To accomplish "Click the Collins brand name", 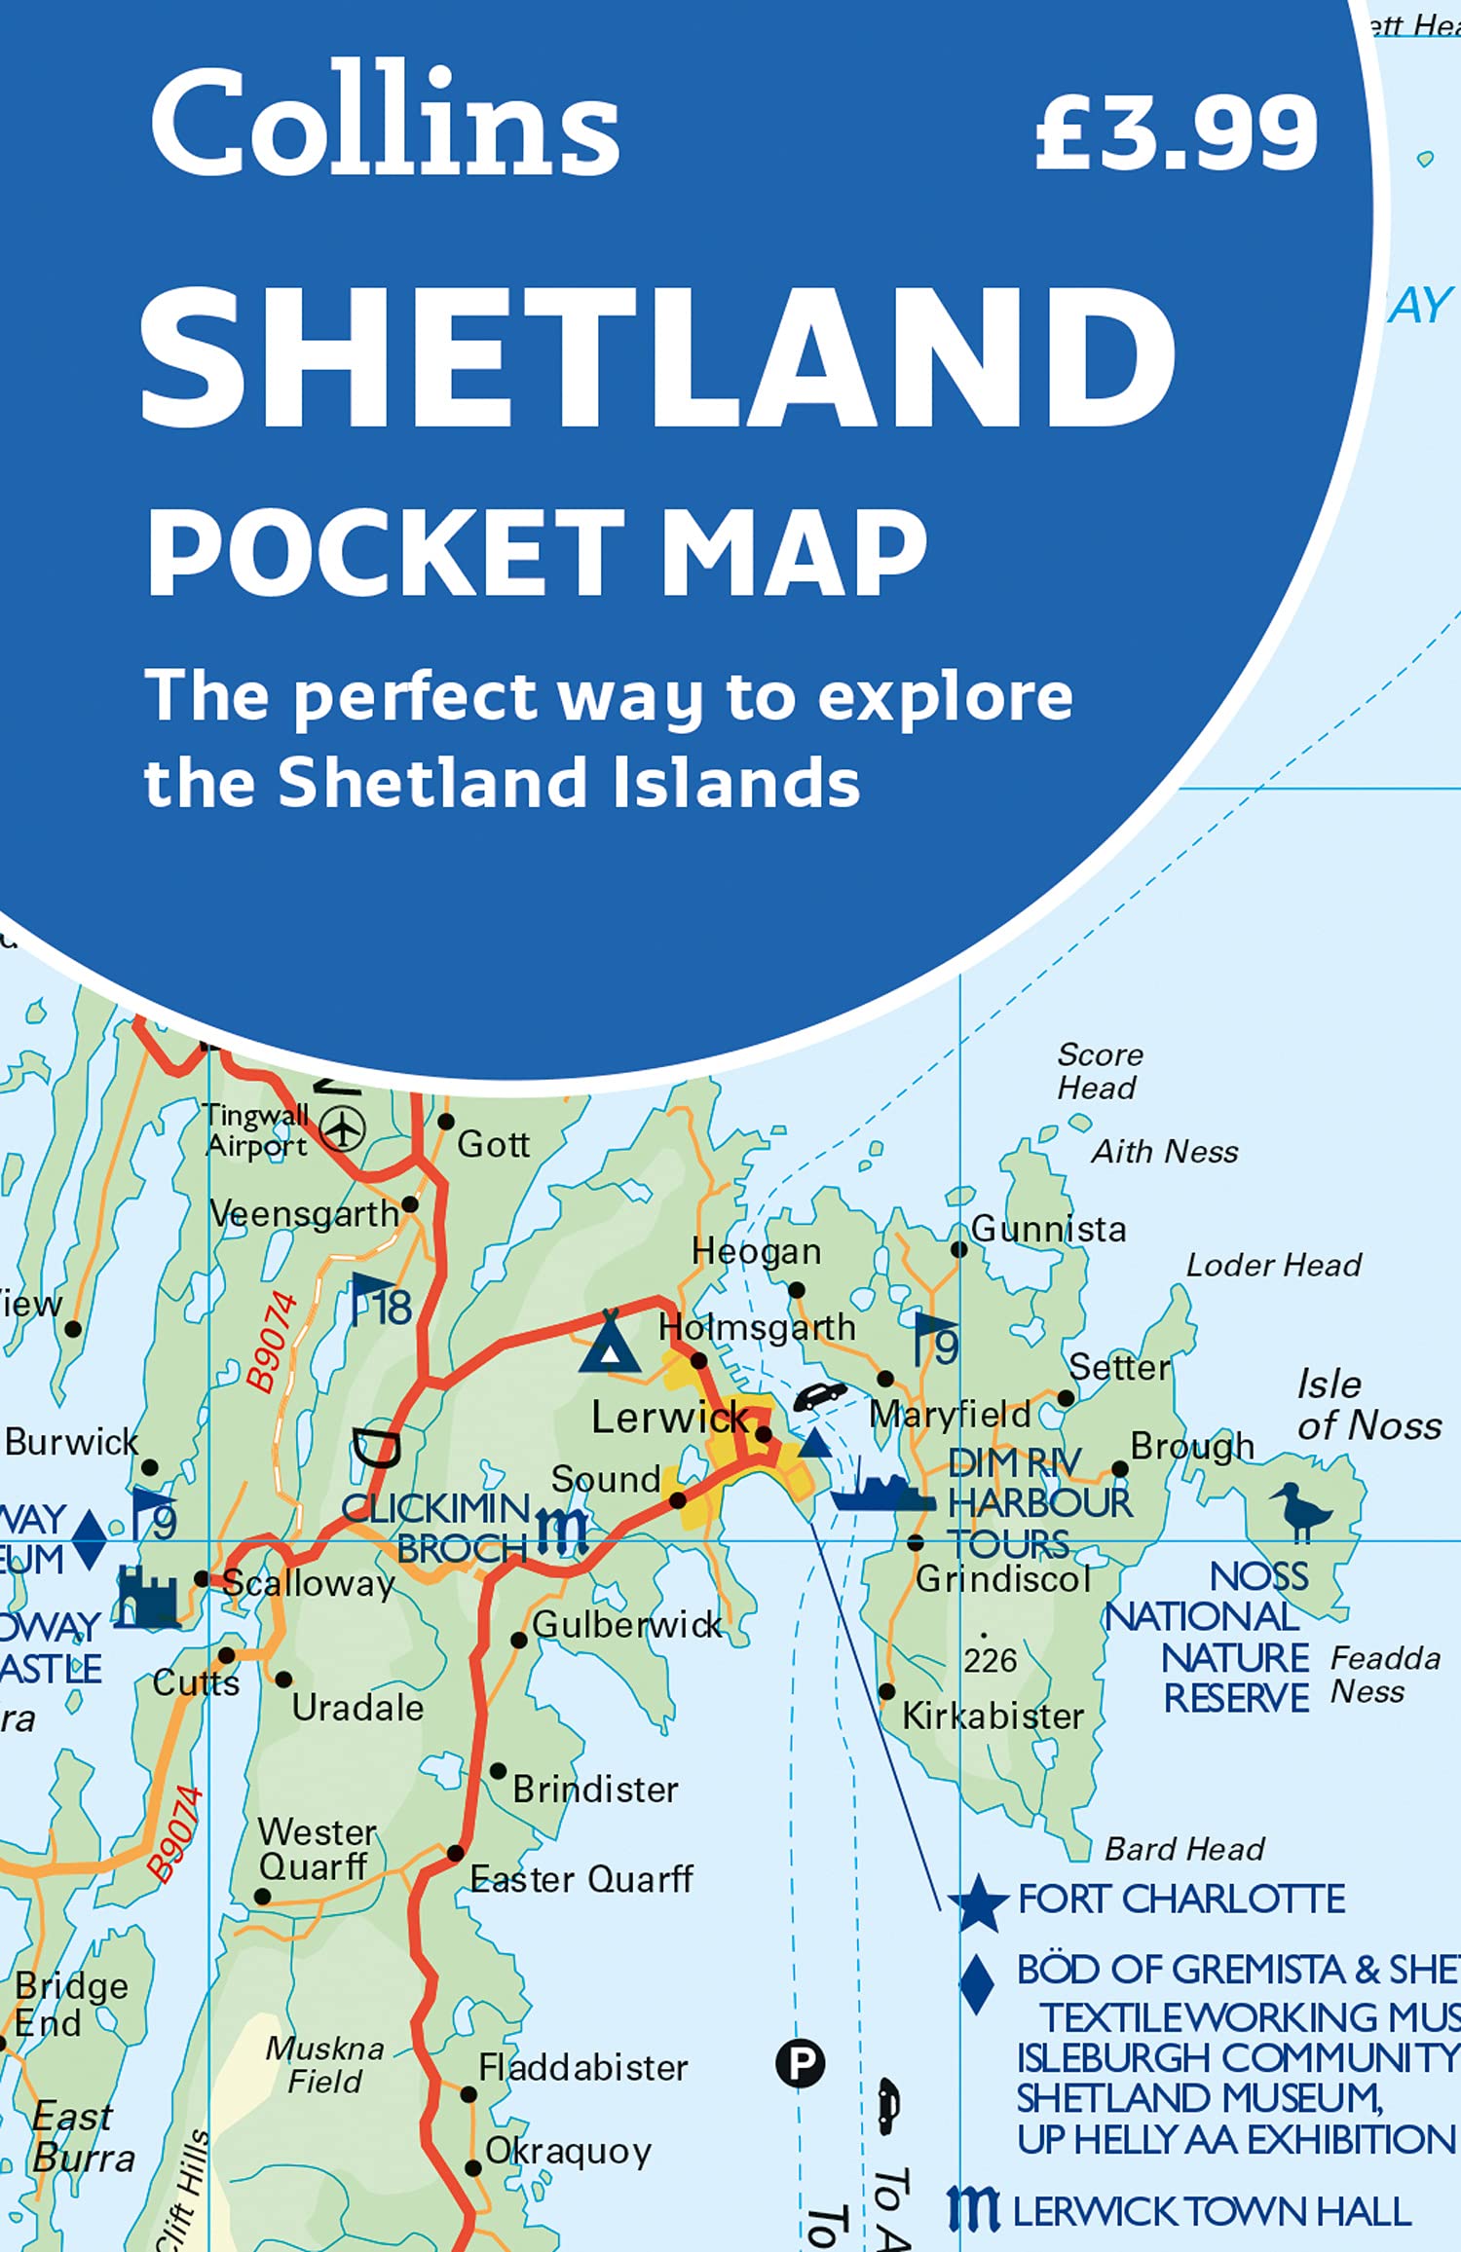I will [x=385, y=122].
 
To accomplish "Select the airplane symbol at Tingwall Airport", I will [x=343, y=1129].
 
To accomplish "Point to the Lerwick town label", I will [x=670, y=1418].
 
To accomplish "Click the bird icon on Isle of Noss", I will [x=1301, y=1510].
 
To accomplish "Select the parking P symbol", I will [x=800, y=2062].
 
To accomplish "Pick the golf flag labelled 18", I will [x=382, y=1301].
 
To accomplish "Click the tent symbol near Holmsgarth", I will [x=610, y=1344].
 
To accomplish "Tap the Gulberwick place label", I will [x=626, y=1624].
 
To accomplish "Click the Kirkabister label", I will [x=993, y=1716].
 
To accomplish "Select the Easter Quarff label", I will [x=581, y=1878].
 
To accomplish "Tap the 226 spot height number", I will [x=990, y=1660].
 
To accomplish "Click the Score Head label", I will [x=1100, y=1070].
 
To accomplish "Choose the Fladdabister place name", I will [x=582, y=2066].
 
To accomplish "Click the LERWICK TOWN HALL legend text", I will [x=1212, y=2211].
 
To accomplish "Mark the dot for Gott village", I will [x=446, y=1122].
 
